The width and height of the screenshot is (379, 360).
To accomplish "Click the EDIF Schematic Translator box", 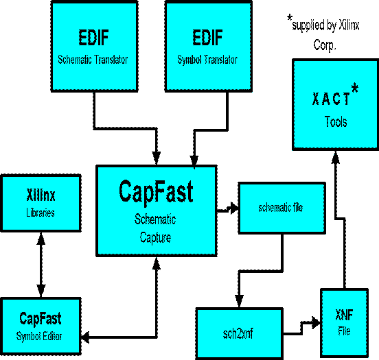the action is [95, 47].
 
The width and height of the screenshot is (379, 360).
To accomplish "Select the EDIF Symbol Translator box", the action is [209, 47].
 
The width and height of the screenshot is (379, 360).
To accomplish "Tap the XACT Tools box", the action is [336, 105].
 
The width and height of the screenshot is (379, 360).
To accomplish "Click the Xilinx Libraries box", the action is [41, 203].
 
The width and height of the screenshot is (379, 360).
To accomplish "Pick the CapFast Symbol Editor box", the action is [41, 326].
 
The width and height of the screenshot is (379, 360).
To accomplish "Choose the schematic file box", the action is [282, 208].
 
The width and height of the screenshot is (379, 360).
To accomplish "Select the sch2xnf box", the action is [239, 334].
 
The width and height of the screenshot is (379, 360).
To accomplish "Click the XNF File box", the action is [345, 323].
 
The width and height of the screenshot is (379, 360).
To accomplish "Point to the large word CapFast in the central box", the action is [156, 192].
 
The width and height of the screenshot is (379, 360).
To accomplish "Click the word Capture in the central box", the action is [155, 237].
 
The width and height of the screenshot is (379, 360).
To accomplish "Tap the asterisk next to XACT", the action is [355, 88].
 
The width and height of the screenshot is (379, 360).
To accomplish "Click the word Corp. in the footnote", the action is [325, 45].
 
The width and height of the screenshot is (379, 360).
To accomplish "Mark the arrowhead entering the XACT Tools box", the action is [336, 157].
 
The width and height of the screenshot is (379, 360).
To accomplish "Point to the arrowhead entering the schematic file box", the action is [233, 208].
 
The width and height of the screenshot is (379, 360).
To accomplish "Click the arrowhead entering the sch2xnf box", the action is [239, 301].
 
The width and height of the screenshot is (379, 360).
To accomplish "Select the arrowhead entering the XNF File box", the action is [316, 322].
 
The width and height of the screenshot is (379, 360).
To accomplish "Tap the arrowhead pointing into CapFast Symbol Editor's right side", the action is [85, 337].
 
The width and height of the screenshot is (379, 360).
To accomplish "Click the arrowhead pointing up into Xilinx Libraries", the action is [41, 239].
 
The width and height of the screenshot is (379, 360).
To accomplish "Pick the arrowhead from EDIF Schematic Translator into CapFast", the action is [157, 158].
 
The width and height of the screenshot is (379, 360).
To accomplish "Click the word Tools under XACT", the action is [336, 121].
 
